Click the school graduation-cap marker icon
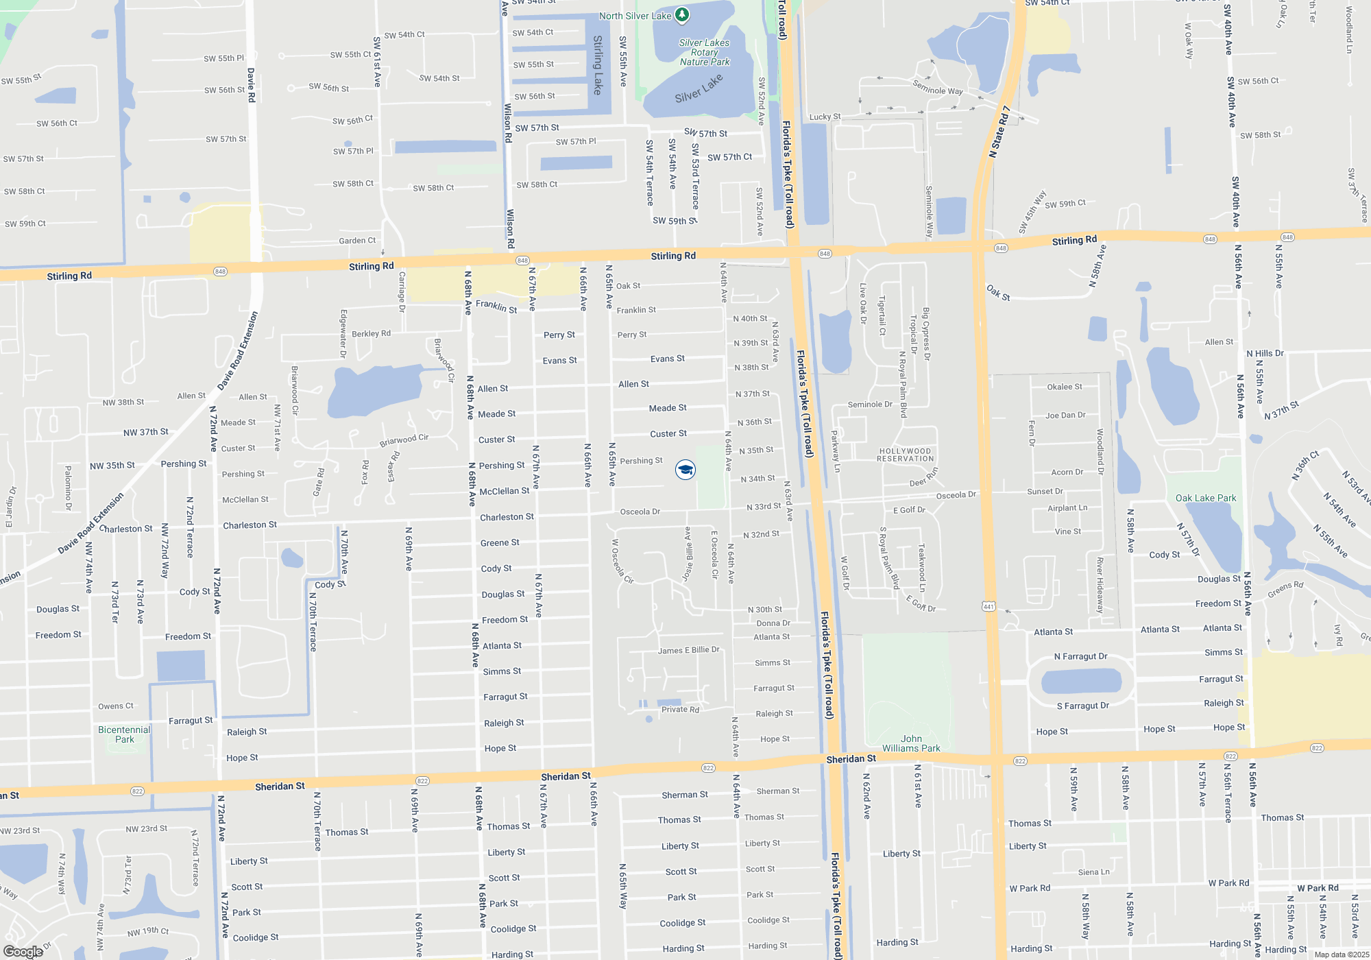pyautogui.click(x=685, y=469)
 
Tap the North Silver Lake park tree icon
pyautogui.click(x=681, y=14)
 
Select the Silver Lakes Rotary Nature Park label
pyautogui.click(x=704, y=52)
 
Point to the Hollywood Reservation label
pyautogui.click(x=905, y=455)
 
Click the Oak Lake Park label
pyautogui.click(x=1205, y=498)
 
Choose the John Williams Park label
pyautogui.click(x=911, y=743)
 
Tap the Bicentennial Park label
pyautogui.click(x=124, y=734)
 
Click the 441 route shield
pyautogui.click(x=988, y=606)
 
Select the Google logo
pyautogui.click(x=23, y=951)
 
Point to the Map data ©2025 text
pyautogui.click(x=1341, y=955)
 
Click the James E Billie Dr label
pyautogui.click(x=688, y=650)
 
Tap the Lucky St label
pyautogui.click(x=825, y=117)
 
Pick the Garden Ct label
pyautogui.click(x=357, y=241)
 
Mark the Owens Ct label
pyautogui.click(x=116, y=706)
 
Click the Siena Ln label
pyautogui.click(x=1093, y=872)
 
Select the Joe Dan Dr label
pyautogui.click(x=1065, y=415)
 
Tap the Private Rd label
pyautogui.click(x=680, y=710)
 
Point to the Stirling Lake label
pyautogui.click(x=598, y=65)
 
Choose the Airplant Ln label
pyautogui.click(x=1067, y=508)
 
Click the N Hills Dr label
pyautogui.click(x=1265, y=353)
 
